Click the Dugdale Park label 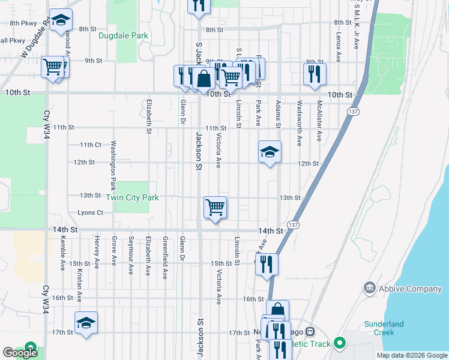(x=123, y=35)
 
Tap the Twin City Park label (x=132, y=197)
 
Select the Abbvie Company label (x=401, y=289)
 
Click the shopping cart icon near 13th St (x=215, y=208)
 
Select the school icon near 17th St (x=86, y=323)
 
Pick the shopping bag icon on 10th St (x=203, y=78)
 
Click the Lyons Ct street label (x=91, y=212)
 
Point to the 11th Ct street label (x=91, y=145)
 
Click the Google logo (x=20, y=353)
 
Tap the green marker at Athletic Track (x=340, y=344)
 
